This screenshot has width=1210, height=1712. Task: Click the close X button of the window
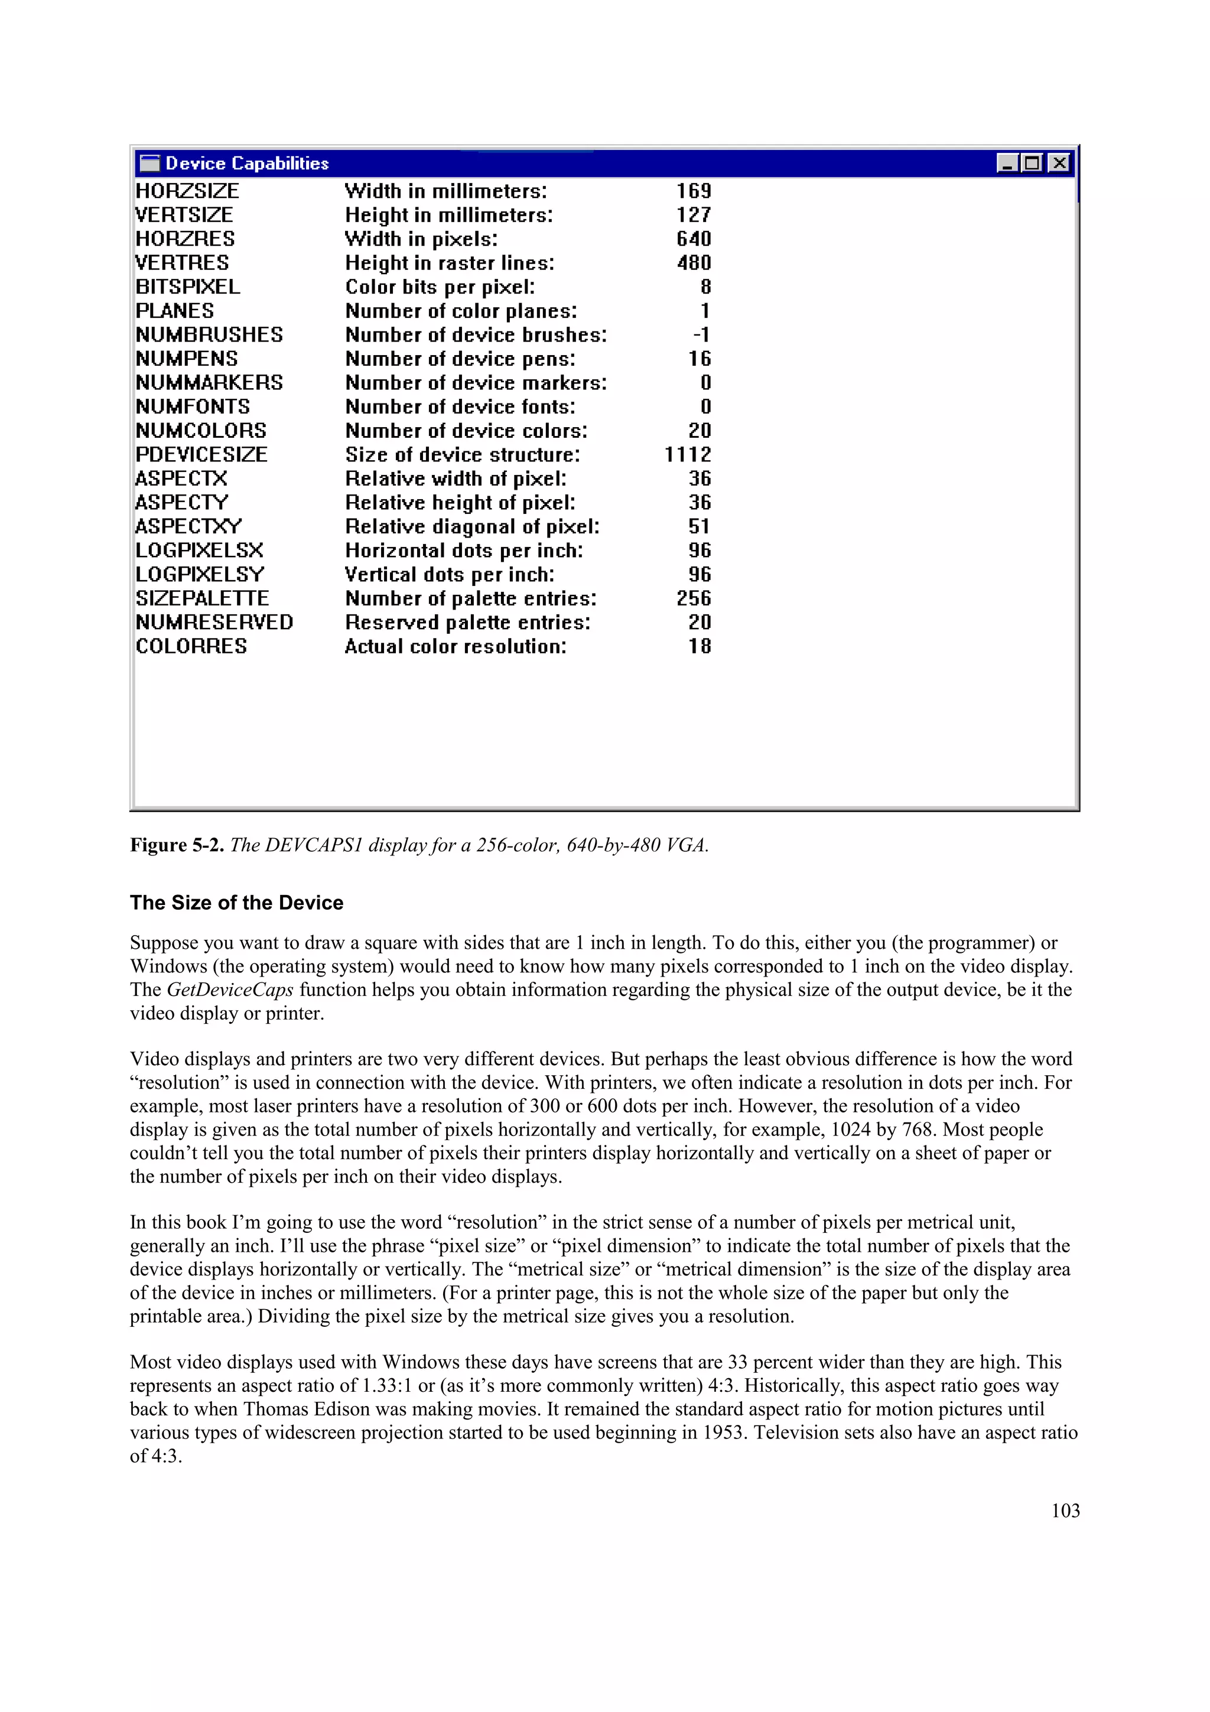point(1058,163)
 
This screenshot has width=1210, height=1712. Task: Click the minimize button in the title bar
point(1007,163)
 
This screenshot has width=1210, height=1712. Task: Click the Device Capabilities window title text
point(247,163)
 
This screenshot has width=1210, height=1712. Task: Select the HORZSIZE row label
point(187,191)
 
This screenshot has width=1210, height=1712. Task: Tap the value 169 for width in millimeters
point(694,191)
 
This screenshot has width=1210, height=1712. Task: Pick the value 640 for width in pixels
point(694,239)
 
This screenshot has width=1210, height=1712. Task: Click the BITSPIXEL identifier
point(188,287)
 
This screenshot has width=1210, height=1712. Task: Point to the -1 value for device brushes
point(701,335)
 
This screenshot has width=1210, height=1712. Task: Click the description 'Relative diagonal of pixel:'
point(472,526)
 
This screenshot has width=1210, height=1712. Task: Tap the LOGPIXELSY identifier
point(200,574)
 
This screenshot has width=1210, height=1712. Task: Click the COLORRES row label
point(191,646)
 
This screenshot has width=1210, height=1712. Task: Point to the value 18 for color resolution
point(700,646)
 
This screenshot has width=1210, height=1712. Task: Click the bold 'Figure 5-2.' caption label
point(177,845)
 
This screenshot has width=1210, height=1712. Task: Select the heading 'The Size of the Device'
point(236,903)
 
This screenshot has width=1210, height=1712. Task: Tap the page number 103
point(1065,1511)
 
